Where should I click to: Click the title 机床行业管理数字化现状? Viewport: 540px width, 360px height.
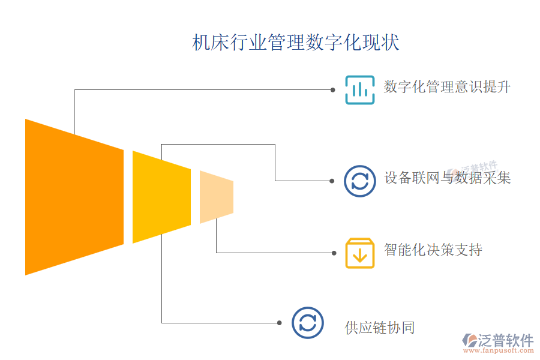pyautogui.click(x=295, y=43)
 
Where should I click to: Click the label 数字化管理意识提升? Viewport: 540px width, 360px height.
pyautogui.click(x=447, y=86)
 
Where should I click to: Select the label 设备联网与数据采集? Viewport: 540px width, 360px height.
pyautogui.click(x=447, y=178)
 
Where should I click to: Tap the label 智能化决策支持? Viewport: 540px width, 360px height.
pyautogui.click(x=433, y=250)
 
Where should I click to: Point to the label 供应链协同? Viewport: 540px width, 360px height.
pyautogui.click(x=379, y=328)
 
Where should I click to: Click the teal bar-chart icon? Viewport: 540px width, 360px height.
pyautogui.click(x=359, y=89)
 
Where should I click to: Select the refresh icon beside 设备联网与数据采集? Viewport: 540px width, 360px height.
pyautogui.click(x=359, y=181)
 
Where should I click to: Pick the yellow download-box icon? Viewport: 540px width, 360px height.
pyautogui.click(x=359, y=253)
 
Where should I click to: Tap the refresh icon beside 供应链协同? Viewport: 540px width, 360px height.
pyautogui.click(x=307, y=323)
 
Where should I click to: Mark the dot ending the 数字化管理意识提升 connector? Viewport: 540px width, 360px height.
pyautogui.click(x=333, y=89)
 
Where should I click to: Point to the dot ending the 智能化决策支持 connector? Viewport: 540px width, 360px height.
pyautogui.click(x=333, y=253)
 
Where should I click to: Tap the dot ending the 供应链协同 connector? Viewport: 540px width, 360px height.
pyautogui.click(x=280, y=323)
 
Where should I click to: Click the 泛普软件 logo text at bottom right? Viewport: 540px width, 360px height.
pyautogui.click(x=505, y=340)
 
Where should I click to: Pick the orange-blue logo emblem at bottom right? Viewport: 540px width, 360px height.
pyautogui.click(x=468, y=341)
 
